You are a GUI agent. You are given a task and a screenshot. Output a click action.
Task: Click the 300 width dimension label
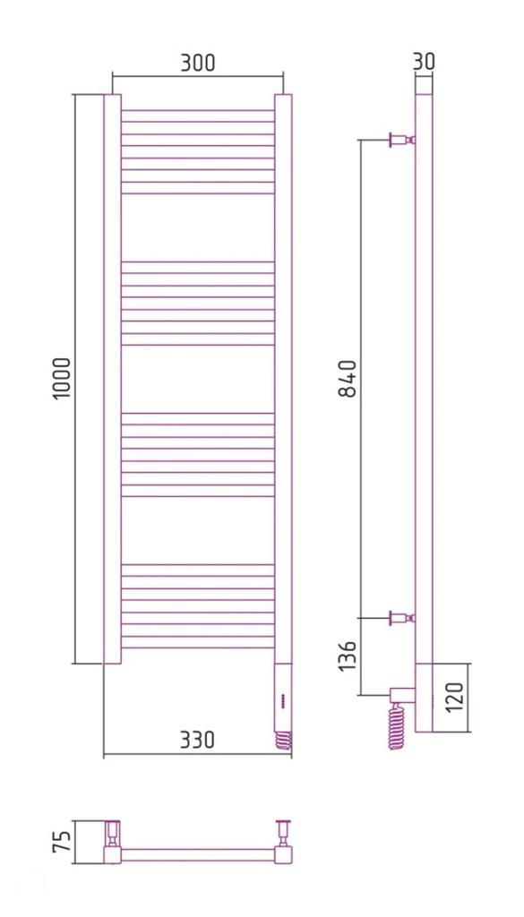coord(197,63)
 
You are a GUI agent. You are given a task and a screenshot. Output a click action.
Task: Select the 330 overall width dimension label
coord(197,740)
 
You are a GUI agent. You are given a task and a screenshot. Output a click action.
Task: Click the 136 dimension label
coord(348,658)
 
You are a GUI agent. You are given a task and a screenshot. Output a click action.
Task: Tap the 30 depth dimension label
coord(424,61)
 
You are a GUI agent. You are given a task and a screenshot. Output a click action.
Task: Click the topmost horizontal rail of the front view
coord(197,111)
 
